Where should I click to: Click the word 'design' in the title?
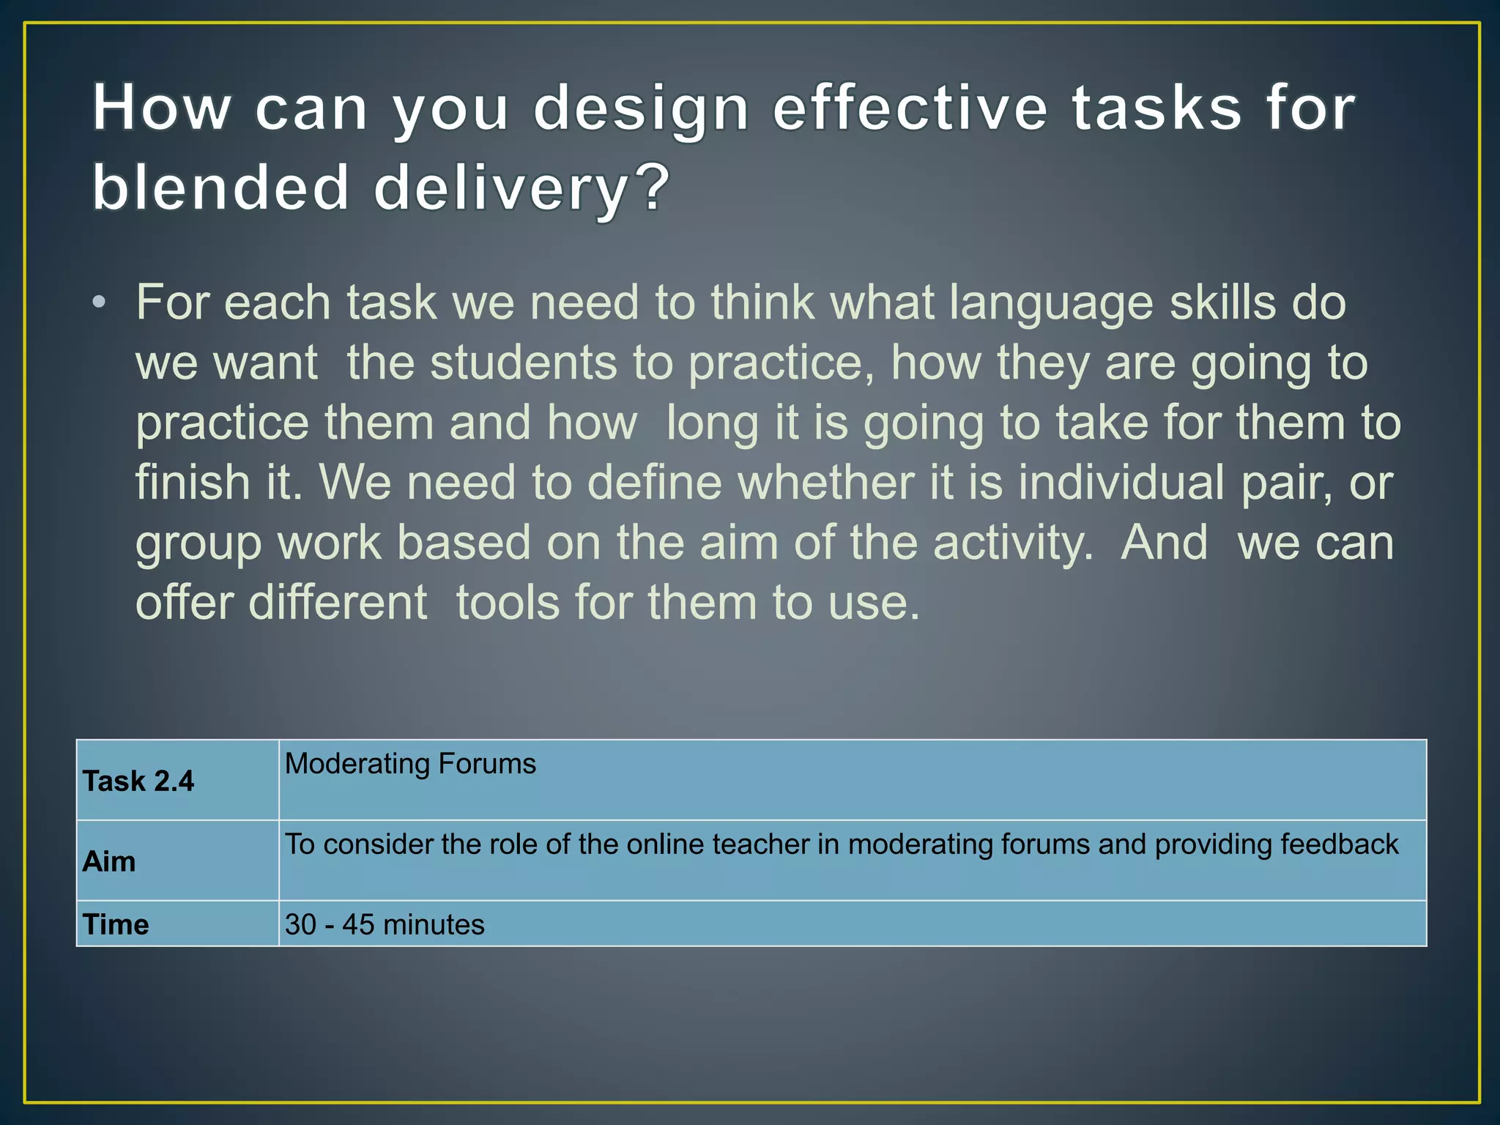click(641, 110)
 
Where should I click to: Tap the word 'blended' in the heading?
click(220, 188)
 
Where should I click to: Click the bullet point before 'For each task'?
click(99, 303)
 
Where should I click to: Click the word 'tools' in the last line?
click(508, 604)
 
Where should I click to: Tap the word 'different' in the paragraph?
click(338, 604)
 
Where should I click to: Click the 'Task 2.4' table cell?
click(138, 781)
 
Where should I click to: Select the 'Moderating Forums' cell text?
click(410, 764)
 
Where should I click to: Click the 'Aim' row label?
click(109, 862)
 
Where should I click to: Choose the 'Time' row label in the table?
click(116, 925)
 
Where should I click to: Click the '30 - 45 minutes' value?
click(385, 925)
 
